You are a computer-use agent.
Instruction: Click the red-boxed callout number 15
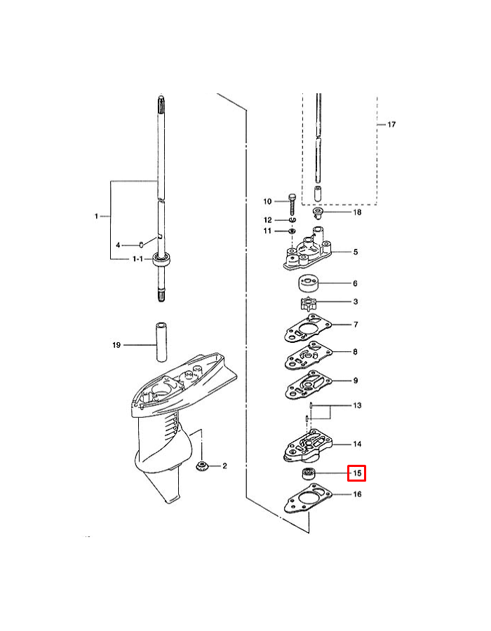coord(357,474)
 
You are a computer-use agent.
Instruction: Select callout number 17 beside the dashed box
coord(391,125)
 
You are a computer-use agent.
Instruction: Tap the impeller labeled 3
coord(307,305)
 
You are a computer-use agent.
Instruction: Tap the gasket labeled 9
coord(306,385)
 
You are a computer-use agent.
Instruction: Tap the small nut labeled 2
coord(201,466)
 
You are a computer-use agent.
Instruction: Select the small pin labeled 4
coord(141,245)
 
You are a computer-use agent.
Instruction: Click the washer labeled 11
coord(292,231)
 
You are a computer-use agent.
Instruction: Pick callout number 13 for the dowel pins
coord(357,406)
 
